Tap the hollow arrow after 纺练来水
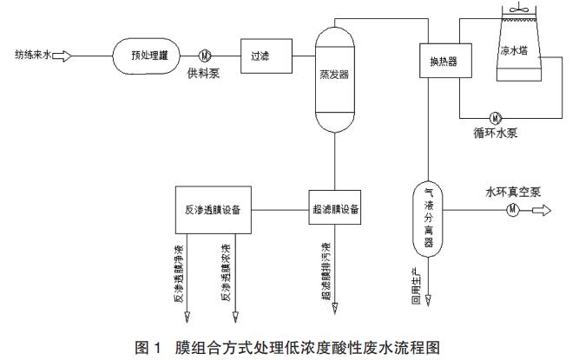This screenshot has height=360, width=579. [x=63, y=56]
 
